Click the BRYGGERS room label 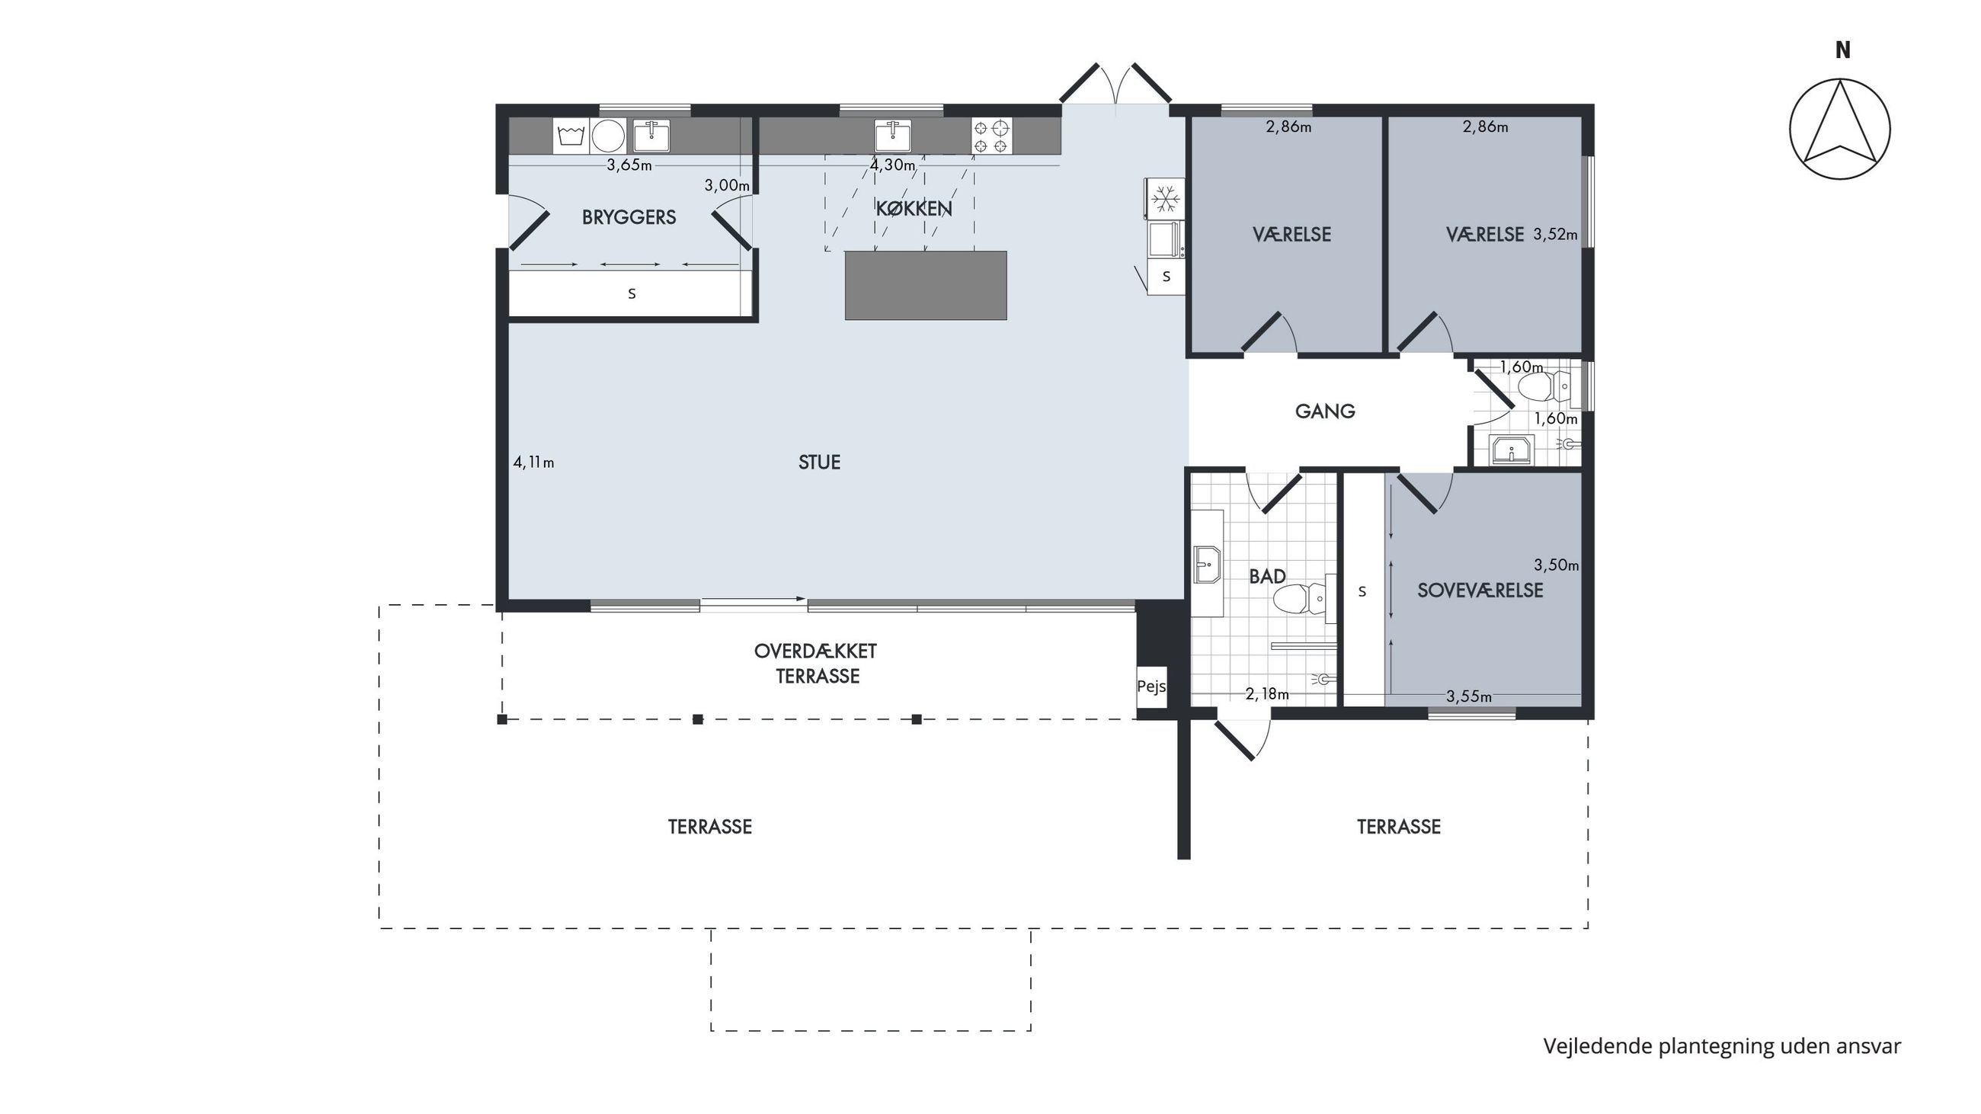[629, 218]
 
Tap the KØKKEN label [914, 208]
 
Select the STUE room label [819, 462]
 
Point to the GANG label [1325, 411]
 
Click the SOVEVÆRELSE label [1480, 591]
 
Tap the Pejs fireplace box [1151, 687]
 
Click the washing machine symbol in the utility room [571, 136]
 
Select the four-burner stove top [991, 136]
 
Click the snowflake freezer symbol [1166, 198]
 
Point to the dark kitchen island [926, 285]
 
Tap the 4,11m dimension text [533, 462]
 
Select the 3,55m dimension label [1469, 696]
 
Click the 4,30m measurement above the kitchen [893, 165]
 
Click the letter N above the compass [1842, 50]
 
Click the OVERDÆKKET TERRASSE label [816, 664]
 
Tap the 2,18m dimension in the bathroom [1267, 694]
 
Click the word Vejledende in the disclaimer [1598, 1046]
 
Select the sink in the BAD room [1208, 565]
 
